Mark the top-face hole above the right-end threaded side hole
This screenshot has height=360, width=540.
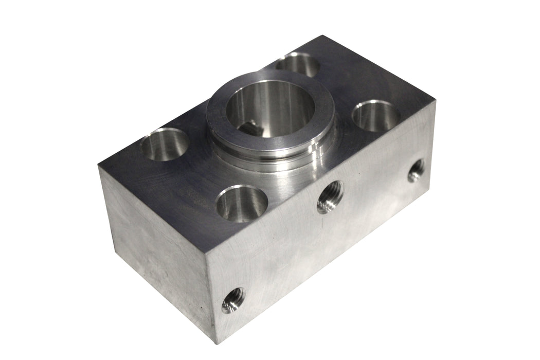(376, 116)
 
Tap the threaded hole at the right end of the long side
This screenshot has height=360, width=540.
(417, 171)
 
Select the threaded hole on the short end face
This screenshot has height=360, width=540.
(233, 300)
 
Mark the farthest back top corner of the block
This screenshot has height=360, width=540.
(322, 35)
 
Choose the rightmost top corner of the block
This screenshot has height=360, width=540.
(436, 101)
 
